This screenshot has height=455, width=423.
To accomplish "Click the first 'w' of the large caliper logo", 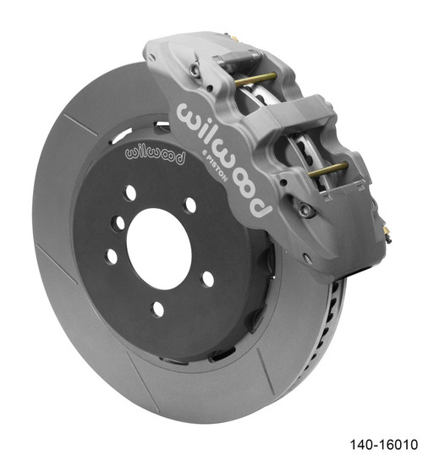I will (185, 114).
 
